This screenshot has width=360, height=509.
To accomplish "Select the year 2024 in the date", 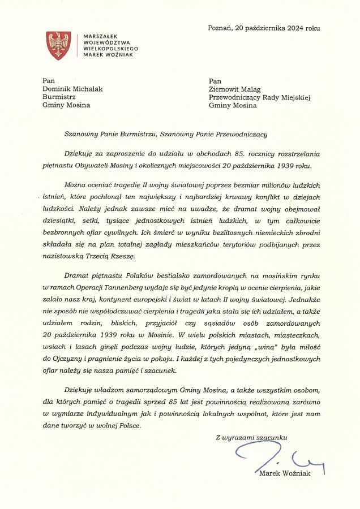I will (x=295, y=28).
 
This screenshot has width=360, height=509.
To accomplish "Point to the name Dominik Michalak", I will (x=73, y=88).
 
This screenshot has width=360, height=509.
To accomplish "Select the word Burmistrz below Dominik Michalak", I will (x=59, y=97).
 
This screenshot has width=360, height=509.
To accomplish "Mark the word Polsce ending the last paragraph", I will (x=128, y=426).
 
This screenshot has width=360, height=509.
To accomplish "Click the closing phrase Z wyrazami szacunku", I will (x=251, y=438).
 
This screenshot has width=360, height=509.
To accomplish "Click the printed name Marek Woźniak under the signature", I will (x=285, y=473).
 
